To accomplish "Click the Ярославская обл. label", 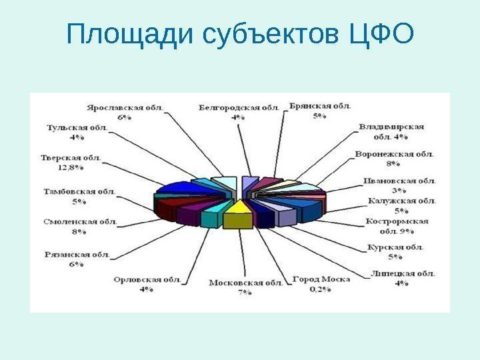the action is [x=127, y=106].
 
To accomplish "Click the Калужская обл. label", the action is [x=402, y=200].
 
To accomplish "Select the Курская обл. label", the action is [x=395, y=247].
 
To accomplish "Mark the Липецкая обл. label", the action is [x=402, y=273].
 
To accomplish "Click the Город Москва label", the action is [x=321, y=279].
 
